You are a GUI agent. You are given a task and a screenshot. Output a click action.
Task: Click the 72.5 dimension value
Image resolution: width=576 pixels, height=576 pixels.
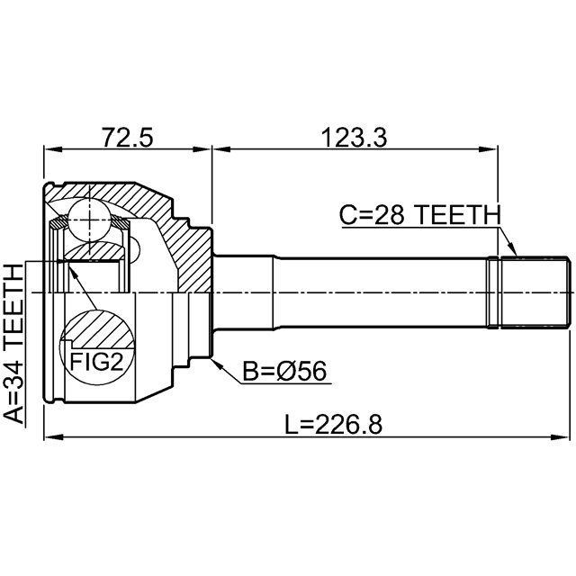[127, 137]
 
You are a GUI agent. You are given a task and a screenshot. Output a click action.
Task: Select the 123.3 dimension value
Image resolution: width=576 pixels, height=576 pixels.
[354, 137]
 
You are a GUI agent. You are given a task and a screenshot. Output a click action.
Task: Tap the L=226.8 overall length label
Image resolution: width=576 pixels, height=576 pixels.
[334, 424]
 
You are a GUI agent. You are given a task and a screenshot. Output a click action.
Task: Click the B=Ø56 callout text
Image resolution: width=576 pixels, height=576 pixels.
[284, 371]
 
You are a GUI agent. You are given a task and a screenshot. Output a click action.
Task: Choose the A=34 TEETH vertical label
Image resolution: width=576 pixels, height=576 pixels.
[13, 344]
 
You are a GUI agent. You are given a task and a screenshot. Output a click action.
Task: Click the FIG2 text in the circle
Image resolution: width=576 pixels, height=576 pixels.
[96, 362]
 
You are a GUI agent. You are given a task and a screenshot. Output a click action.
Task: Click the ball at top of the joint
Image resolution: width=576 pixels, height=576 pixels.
[89, 220]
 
